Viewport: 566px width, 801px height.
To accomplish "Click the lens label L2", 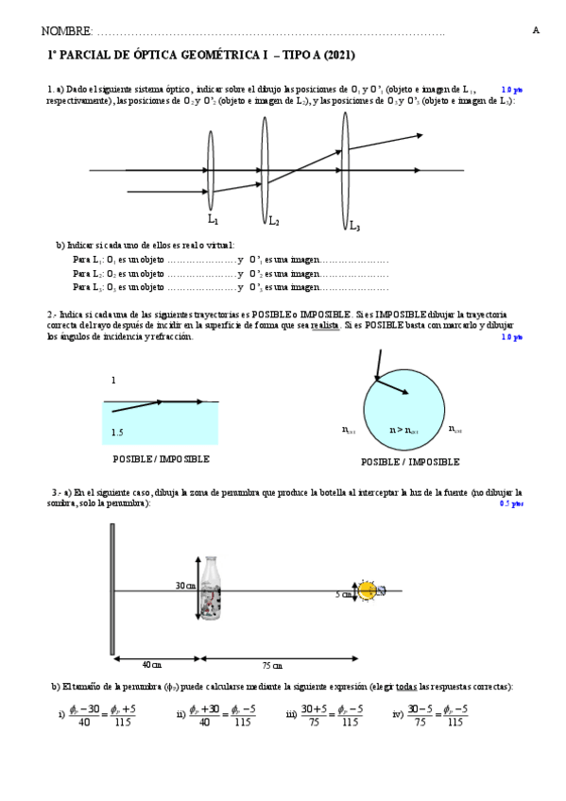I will pyautogui.click(x=273, y=221).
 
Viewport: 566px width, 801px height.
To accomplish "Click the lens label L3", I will pyautogui.click(x=353, y=226).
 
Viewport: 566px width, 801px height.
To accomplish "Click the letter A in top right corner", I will pyautogui.click(x=536, y=30).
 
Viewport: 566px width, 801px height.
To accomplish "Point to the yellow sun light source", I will pyautogui.click(x=368, y=590).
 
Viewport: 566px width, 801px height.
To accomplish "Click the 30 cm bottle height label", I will pyautogui.click(x=185, y=586).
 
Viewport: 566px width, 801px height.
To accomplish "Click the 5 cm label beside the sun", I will pyautogui.click(x=344, y=595).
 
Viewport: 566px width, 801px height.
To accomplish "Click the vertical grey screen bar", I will pyautogui.click(x=112, y=588).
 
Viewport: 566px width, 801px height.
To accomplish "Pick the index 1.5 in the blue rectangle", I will pyautogui.click(x=117, y=433).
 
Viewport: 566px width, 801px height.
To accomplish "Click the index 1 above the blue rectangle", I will pyautogui.click(x=113, y=380).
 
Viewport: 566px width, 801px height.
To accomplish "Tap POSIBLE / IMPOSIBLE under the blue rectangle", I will pyautogui.click(x=161, y=459).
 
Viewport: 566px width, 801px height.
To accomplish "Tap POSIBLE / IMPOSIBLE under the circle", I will pyautogui.click(x=410, y=462).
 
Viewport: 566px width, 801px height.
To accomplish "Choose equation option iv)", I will pyautogui.click(x=430, y=715).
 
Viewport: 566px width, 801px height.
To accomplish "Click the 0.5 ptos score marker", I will pyautogui.click(x=510, y=504).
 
